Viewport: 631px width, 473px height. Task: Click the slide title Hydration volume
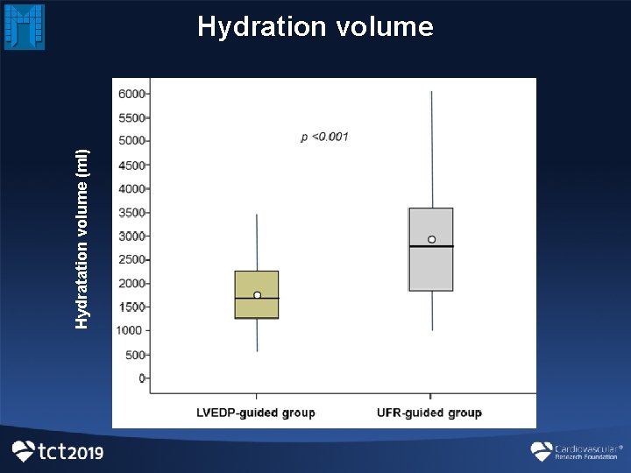315,26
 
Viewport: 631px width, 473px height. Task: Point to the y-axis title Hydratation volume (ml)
82,238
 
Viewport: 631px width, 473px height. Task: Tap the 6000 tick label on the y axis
132,93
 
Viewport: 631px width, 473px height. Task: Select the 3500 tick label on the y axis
132,212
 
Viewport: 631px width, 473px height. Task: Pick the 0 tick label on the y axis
142,378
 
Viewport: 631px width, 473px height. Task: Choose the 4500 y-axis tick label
132,165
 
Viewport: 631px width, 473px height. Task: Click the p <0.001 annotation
324,137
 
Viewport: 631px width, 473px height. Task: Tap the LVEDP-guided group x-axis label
255,413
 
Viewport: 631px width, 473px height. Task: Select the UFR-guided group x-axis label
429,413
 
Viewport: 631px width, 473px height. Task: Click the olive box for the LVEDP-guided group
257,282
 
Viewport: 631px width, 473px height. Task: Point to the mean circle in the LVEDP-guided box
257,295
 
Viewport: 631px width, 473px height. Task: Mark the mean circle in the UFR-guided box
431,239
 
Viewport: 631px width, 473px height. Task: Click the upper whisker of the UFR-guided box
431,149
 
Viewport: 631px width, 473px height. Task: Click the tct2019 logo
58,451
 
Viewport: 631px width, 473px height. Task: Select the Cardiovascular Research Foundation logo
575,451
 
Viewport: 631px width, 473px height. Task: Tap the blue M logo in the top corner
24,26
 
